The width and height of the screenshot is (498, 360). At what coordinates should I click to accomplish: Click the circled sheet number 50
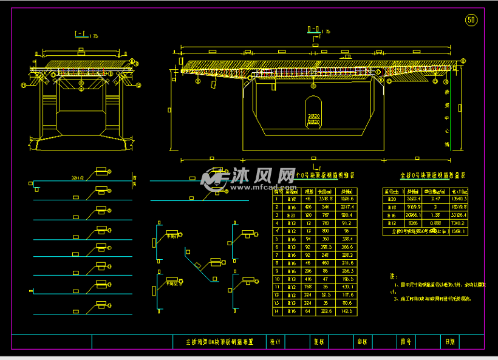click(471, 20)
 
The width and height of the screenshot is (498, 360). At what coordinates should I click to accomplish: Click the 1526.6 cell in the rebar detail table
click(346, 199)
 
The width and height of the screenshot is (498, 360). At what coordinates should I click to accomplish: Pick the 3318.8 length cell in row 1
click(326, 199)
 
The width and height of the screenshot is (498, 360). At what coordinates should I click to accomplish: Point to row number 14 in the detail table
click(277, 311)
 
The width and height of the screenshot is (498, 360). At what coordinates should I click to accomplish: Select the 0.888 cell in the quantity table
click(435, 223)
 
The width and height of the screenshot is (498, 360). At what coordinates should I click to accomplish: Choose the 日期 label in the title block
click(449, 342)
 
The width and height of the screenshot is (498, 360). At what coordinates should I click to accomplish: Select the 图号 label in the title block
click(406, 342)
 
